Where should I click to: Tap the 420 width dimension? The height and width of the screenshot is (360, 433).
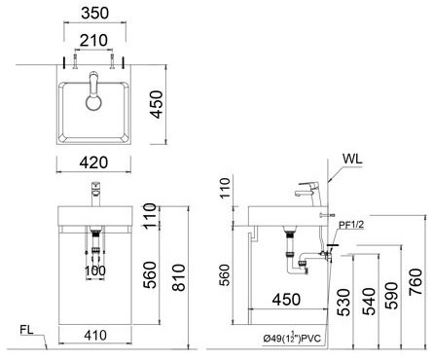[x=93, y=163]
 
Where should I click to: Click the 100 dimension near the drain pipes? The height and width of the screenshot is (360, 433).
[x=94, y=270]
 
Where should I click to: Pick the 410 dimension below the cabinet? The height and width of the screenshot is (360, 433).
[x=94, y=336]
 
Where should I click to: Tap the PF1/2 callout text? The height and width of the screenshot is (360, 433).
[x=351, y=225]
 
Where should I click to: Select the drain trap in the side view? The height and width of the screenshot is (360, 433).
[x=297, y=257]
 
